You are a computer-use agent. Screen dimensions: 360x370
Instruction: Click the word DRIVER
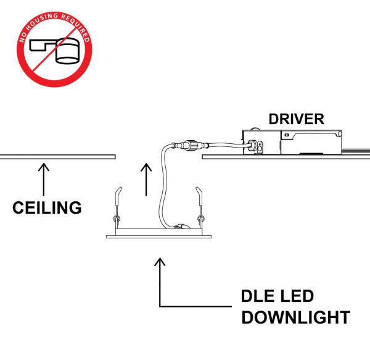click(296, 119)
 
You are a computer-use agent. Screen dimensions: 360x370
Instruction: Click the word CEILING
click(47, 207)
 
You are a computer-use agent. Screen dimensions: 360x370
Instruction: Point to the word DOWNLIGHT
click(295, 318)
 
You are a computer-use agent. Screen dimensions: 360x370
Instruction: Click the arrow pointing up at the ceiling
click(44, 178)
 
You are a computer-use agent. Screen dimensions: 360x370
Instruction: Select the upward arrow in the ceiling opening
click(146, 178)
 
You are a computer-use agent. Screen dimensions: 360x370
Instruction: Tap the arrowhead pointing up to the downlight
click(160, 264)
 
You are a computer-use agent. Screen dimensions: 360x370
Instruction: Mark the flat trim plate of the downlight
click(158, 235)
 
